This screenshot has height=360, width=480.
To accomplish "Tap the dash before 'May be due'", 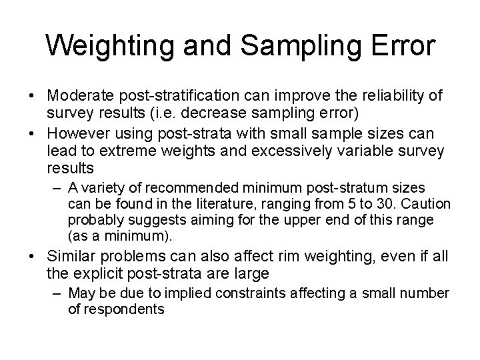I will point(58,294).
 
